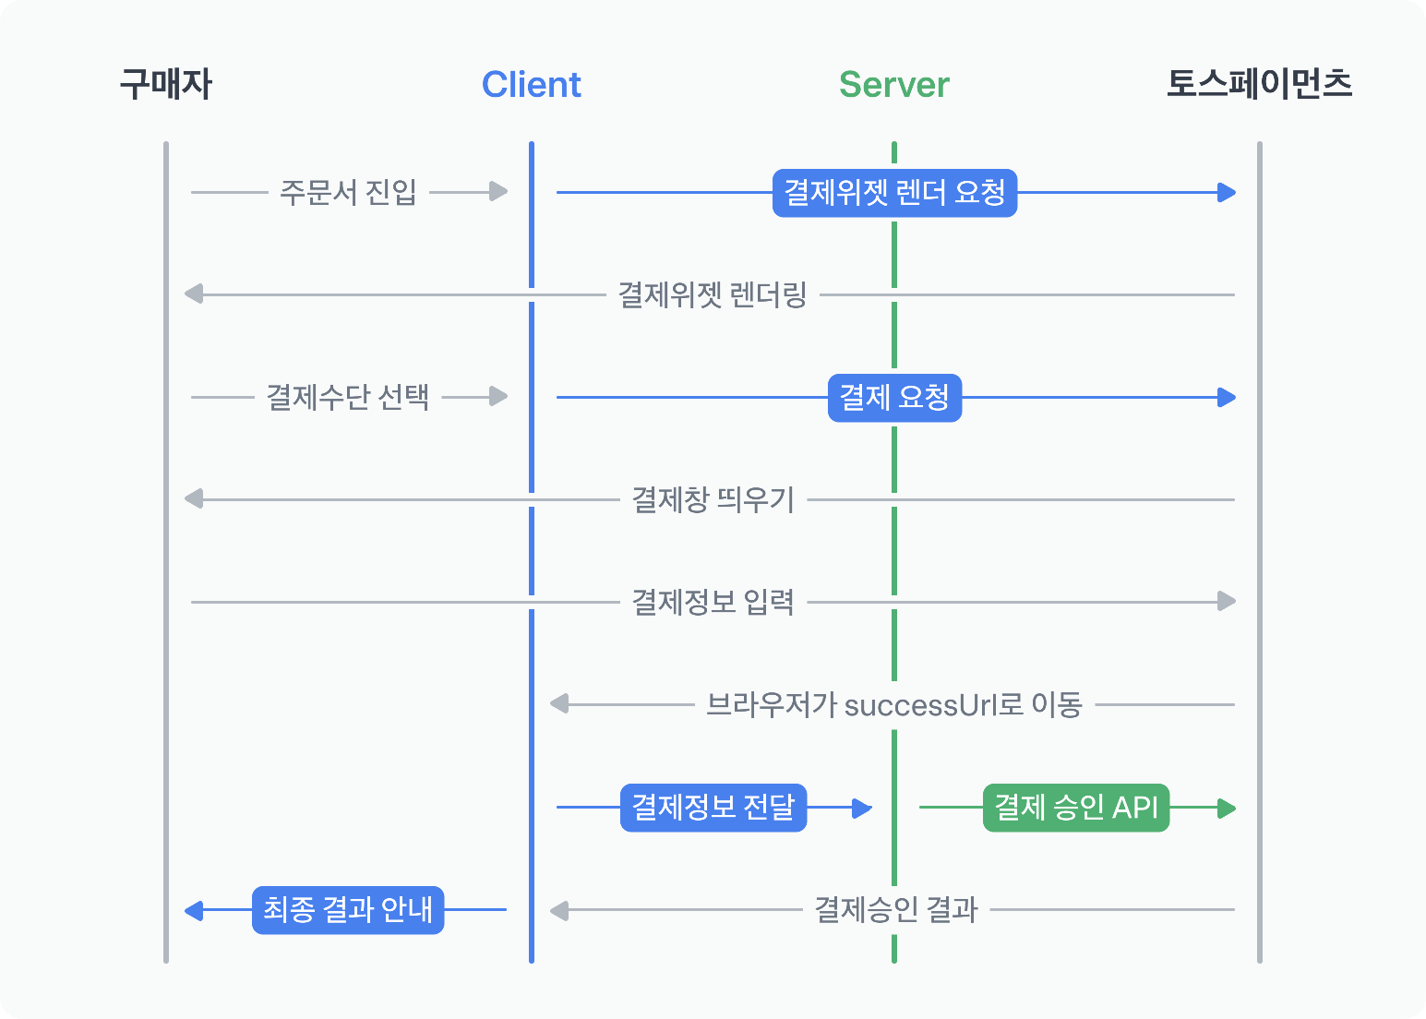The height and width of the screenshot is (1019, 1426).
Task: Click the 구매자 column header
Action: tap(166, 85)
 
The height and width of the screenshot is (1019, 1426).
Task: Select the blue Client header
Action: tap(532, 85)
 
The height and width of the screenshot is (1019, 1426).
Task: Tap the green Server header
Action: tap(893, 85)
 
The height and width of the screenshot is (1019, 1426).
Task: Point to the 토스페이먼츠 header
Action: tap(1259, 84)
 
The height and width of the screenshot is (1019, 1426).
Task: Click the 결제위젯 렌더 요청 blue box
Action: tap(894, 193)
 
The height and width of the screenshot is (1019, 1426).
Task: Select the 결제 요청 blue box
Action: tap(894, 398)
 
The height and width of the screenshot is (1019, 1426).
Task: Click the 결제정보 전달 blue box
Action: tap(713, 808)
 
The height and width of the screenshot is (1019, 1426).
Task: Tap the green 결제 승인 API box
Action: tap(1076, 808)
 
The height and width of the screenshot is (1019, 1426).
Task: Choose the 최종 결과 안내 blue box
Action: tap(348, 910)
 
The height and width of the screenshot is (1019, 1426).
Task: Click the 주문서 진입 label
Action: tap(348, 193)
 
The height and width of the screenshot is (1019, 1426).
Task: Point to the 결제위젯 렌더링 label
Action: tap(713, 295)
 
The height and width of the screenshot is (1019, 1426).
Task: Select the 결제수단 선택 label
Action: tap(348, 398)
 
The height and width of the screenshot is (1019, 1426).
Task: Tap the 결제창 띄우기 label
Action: tap(713, 500)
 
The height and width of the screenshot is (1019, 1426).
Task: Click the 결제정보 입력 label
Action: tap(713, 603)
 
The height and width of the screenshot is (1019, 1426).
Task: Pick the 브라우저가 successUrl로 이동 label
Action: tap(893, 705)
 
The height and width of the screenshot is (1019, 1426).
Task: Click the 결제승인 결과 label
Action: tap(895, 910)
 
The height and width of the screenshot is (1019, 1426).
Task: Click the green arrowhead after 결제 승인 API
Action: tap(1227, 809)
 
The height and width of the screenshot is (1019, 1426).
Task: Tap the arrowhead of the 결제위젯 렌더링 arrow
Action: tap(194, 294)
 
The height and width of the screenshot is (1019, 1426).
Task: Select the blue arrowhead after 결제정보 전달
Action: tap(862, 809)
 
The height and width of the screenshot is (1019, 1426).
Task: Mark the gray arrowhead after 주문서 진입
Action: tap(498, 192)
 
